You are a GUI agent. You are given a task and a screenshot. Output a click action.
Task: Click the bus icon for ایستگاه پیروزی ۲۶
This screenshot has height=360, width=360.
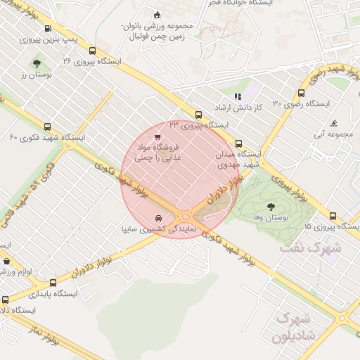[93, 51]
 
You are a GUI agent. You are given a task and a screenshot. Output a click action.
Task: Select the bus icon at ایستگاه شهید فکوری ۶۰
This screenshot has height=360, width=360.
[47, 127]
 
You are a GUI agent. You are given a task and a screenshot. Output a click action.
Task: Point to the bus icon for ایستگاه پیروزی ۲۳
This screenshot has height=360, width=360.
[198, 115]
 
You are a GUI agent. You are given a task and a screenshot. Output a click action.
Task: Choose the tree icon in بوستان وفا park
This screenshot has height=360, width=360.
[271, 207]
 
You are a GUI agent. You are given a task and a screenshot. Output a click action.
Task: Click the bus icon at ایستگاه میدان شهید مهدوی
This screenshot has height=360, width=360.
[238, 142]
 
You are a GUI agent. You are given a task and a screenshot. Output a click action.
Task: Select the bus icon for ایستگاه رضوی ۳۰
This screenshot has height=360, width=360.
[302, 93]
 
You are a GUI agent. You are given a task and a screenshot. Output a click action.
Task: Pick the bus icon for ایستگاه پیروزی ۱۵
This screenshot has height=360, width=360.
[333, 217]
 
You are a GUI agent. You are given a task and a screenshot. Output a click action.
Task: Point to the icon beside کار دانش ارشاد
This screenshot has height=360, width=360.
[237, 96]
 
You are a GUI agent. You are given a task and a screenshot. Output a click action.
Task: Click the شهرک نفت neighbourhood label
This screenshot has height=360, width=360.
[310, 247]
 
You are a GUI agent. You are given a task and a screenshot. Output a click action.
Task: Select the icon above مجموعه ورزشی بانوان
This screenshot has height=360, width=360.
[156, 15]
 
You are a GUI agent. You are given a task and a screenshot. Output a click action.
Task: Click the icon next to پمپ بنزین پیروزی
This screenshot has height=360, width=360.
[47, 29]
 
